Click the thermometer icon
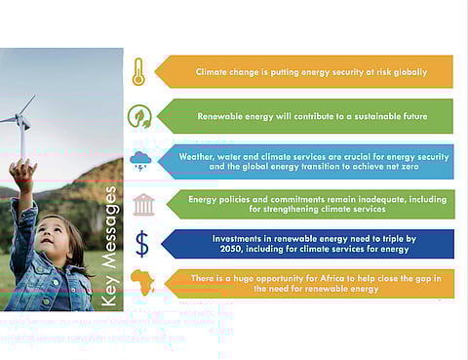point(138,71)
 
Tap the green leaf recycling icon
point(139,116)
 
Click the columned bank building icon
point(142,205)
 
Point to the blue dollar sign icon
point(142,243)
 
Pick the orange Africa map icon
point(142,283)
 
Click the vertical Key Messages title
point(111,247)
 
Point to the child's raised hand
point(21,173)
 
